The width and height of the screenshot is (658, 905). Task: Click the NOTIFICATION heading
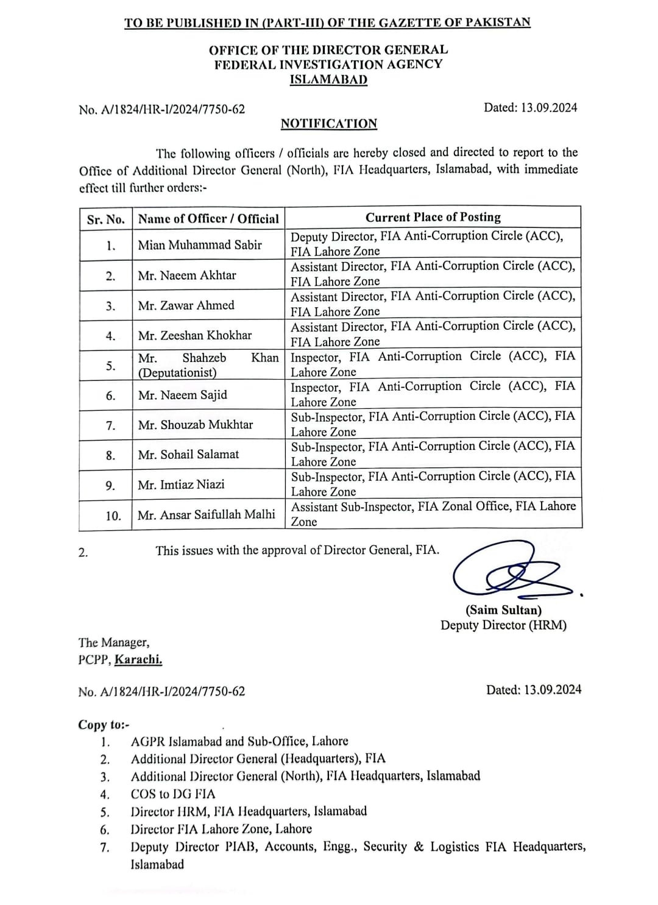328,124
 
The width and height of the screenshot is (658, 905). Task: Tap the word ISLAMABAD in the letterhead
328,80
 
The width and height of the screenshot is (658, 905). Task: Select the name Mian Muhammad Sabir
200,245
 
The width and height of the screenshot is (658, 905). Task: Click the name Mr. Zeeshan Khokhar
195,335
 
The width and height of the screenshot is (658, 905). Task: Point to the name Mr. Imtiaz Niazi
181,484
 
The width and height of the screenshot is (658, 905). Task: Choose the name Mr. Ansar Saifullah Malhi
206,515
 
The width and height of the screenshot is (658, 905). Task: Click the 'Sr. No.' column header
105,219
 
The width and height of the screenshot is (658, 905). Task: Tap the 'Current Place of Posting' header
433,218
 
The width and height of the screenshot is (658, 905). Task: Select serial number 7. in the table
110,425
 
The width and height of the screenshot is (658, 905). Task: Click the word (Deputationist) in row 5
177,372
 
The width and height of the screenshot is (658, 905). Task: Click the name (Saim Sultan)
503,610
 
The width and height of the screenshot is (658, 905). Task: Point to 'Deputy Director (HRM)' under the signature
503,625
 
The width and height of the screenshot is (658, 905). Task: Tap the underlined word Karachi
138,659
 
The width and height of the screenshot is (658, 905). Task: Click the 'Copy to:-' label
104,725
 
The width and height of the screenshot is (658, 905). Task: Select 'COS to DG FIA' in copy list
172,794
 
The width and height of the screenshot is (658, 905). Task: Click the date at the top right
530,108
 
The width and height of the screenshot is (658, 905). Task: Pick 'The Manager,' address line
113,642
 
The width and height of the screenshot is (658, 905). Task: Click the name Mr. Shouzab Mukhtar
195,425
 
